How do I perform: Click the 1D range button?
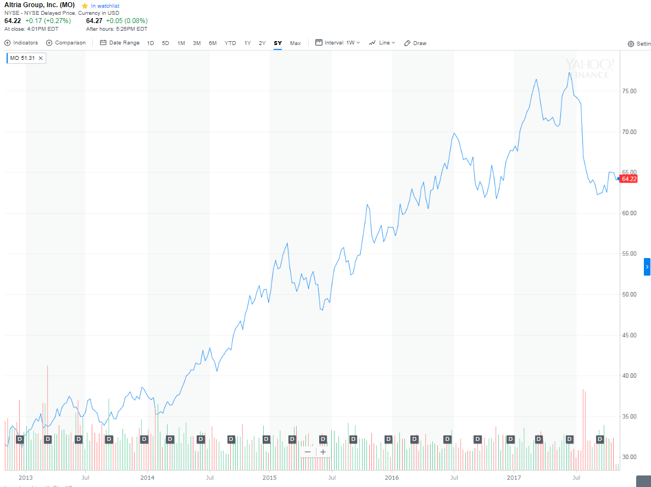click(151, 43)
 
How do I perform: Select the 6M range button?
click(213, 43)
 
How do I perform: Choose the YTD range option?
click(230, 43)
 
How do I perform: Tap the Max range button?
click(295, 43)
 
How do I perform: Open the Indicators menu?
click(21, 43)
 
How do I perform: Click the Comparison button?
click(66, 43)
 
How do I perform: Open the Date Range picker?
click(120, 43)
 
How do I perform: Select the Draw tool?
click(415, 43)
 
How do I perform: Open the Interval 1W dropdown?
click(337, 43)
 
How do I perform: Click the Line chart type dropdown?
click(382, 43)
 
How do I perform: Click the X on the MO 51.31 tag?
click(41, 58)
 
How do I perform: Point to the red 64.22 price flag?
click(629, 178)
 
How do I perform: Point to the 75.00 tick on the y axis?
click(629, 91)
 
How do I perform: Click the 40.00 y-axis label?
click(629, 376)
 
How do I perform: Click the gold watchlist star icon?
click(85, 5)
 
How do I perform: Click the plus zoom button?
click(323, 452)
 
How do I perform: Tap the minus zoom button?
click(308, 452)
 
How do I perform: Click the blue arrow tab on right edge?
click(647, 266)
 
